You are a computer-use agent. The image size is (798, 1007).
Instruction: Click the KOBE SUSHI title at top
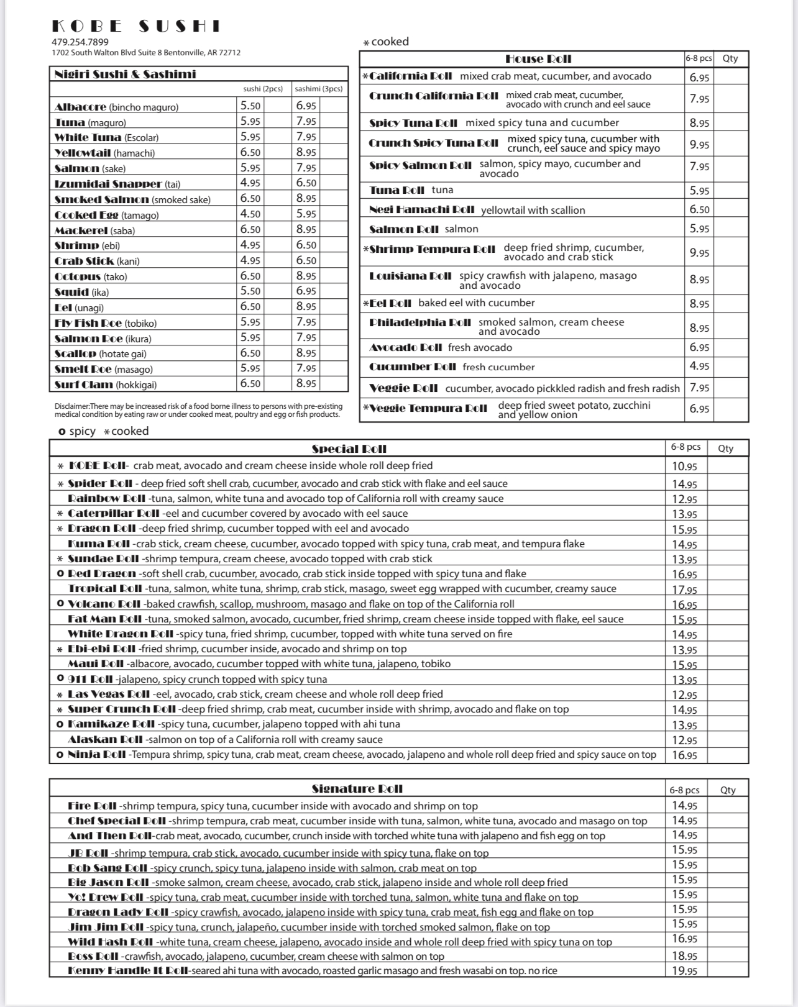(x=135, y=26)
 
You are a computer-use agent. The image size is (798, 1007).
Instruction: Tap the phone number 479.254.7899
(x=80, y=42)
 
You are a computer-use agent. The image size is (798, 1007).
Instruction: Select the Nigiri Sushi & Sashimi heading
(x=125, y=75)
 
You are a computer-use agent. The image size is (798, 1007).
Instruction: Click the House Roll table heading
(x=538, y=59)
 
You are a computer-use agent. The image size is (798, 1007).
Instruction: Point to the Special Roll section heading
(x=349, y=449)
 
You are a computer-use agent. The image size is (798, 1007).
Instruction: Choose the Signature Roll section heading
(x=357, y=789)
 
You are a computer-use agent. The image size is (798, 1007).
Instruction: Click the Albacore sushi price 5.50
(x=250, y=106)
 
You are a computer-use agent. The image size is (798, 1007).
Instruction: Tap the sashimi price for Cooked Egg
(x=306, y=214)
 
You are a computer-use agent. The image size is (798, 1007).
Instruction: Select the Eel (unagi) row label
(x=79, y=308)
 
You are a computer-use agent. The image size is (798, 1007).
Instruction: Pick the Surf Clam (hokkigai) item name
(x=106, y=385)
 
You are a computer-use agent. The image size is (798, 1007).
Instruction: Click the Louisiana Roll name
(x=410, y=276)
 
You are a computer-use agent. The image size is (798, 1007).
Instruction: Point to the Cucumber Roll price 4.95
(x=699, y=367)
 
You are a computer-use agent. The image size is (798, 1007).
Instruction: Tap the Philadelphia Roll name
(x=420, y=322)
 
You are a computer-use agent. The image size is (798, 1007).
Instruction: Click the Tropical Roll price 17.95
(x=684, y=590)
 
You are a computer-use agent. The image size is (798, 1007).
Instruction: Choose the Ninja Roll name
(x=97, y=755)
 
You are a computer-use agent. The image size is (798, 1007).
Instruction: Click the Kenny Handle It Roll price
(x=684, y=971)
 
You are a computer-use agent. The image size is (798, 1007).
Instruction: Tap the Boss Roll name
(x=93, y=957)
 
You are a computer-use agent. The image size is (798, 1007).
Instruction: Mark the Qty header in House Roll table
(x=730, y=58)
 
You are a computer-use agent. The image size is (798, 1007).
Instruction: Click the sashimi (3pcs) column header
(x=318, y=89)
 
